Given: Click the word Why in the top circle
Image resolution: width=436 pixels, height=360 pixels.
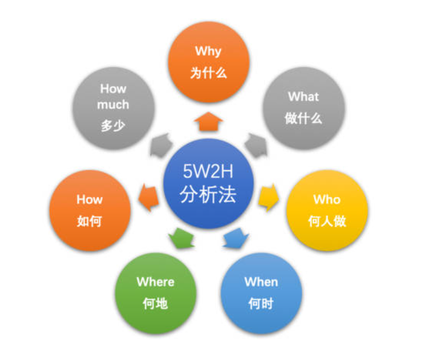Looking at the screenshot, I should click(x=208, y=51).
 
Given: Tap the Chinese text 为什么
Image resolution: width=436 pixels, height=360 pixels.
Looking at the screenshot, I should click(x=208, y=73).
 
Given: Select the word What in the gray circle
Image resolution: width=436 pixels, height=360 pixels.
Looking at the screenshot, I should click(x=303, y=96).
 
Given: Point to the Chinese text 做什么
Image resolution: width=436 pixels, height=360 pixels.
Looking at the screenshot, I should click(x=303, y=119).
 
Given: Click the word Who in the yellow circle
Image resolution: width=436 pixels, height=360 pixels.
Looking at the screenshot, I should click(x=327, y=200).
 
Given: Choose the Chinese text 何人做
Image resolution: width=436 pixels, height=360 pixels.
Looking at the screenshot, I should click(x=327, y=221).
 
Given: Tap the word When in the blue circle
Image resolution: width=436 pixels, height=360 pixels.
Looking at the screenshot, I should click(x=262, y=282).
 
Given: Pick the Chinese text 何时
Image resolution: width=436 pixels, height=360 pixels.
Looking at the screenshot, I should click(x=262, y=304).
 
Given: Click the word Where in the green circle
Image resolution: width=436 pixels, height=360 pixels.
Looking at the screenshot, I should click(x=156, y=282).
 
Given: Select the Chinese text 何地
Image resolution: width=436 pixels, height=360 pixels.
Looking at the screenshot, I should click(x=156, y=304).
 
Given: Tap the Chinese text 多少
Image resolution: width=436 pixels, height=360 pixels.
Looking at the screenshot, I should click(x=113, y=127).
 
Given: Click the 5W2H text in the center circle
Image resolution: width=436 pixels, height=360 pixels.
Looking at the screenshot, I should click(x=208, y=171).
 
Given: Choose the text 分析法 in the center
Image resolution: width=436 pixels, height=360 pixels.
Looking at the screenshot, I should click(x=208, y=195).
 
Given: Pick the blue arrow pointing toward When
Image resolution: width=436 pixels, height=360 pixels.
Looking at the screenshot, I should click(x=236, y=238).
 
